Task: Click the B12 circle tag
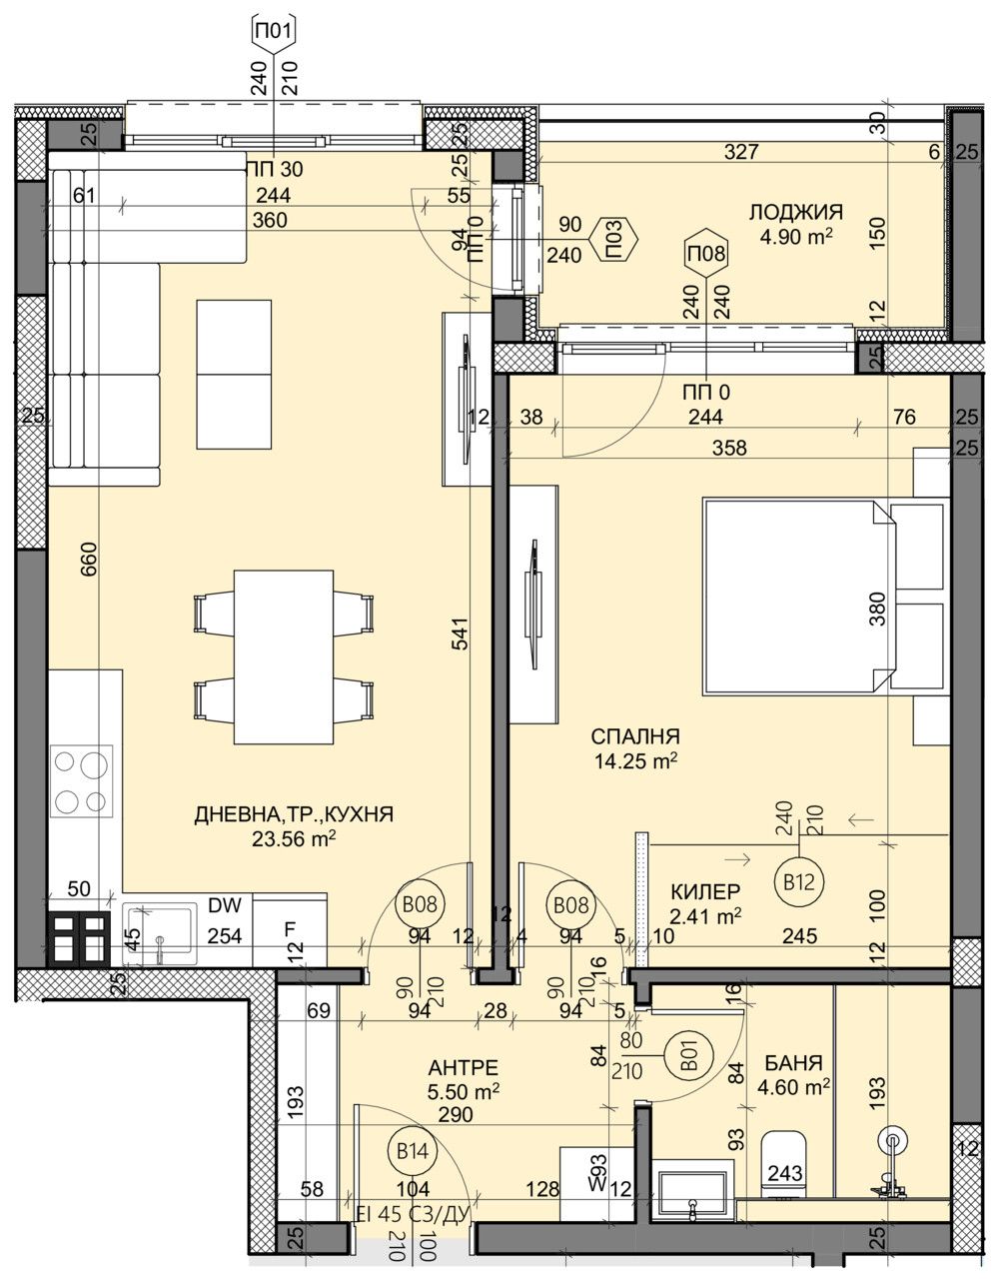[796, 881]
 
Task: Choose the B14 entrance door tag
[413, 1151]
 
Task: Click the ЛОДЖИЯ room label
[795, 212]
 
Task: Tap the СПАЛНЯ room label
[635, 736]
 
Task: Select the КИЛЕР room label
[705, 891]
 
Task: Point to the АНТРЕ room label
[461, 1068]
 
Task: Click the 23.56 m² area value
[294, 839]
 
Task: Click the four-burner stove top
[82, 782]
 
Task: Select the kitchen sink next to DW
[160, 929]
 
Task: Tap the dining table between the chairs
[283, 656]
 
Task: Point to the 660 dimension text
[89, 558]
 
